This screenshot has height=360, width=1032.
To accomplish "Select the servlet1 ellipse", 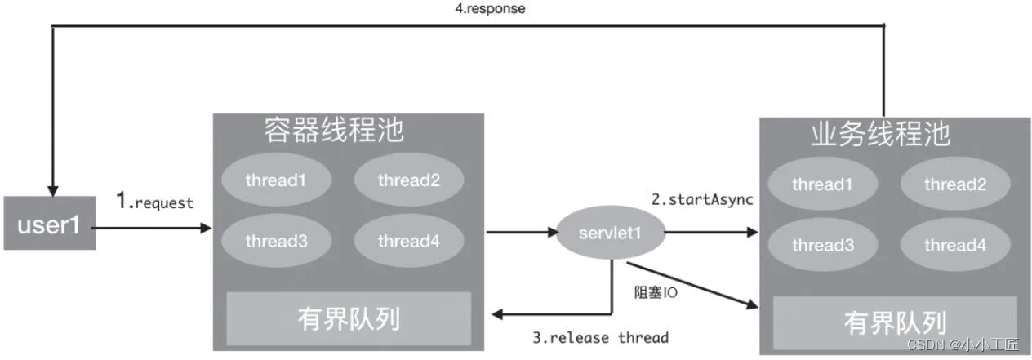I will tap(611, 233).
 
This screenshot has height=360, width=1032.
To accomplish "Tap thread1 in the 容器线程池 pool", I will tap(276, 180).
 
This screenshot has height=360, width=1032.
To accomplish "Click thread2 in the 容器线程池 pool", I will tap(409, 180).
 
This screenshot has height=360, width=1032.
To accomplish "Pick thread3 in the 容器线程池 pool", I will tap(276, 242).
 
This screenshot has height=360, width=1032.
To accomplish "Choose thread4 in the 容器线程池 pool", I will tap(409, 242).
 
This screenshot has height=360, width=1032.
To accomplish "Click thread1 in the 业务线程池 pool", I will tap(823, 184).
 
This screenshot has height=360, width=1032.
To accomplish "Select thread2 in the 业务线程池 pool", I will tap(955, 184).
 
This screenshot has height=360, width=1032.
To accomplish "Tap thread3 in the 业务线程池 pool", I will tap(823, 245).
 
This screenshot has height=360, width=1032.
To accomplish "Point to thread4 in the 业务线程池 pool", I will tap(955, 245).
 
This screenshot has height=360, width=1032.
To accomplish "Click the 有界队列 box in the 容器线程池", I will tap(349, 318).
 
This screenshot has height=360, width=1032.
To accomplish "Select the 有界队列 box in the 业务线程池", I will tap(895, 322).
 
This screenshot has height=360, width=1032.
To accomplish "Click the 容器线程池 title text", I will tap(334, 130).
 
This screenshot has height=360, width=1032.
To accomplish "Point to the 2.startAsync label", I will tap(702, 199).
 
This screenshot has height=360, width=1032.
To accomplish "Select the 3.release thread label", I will tap(601, 337).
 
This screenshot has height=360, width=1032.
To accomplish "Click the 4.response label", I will tap(490, 8).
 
